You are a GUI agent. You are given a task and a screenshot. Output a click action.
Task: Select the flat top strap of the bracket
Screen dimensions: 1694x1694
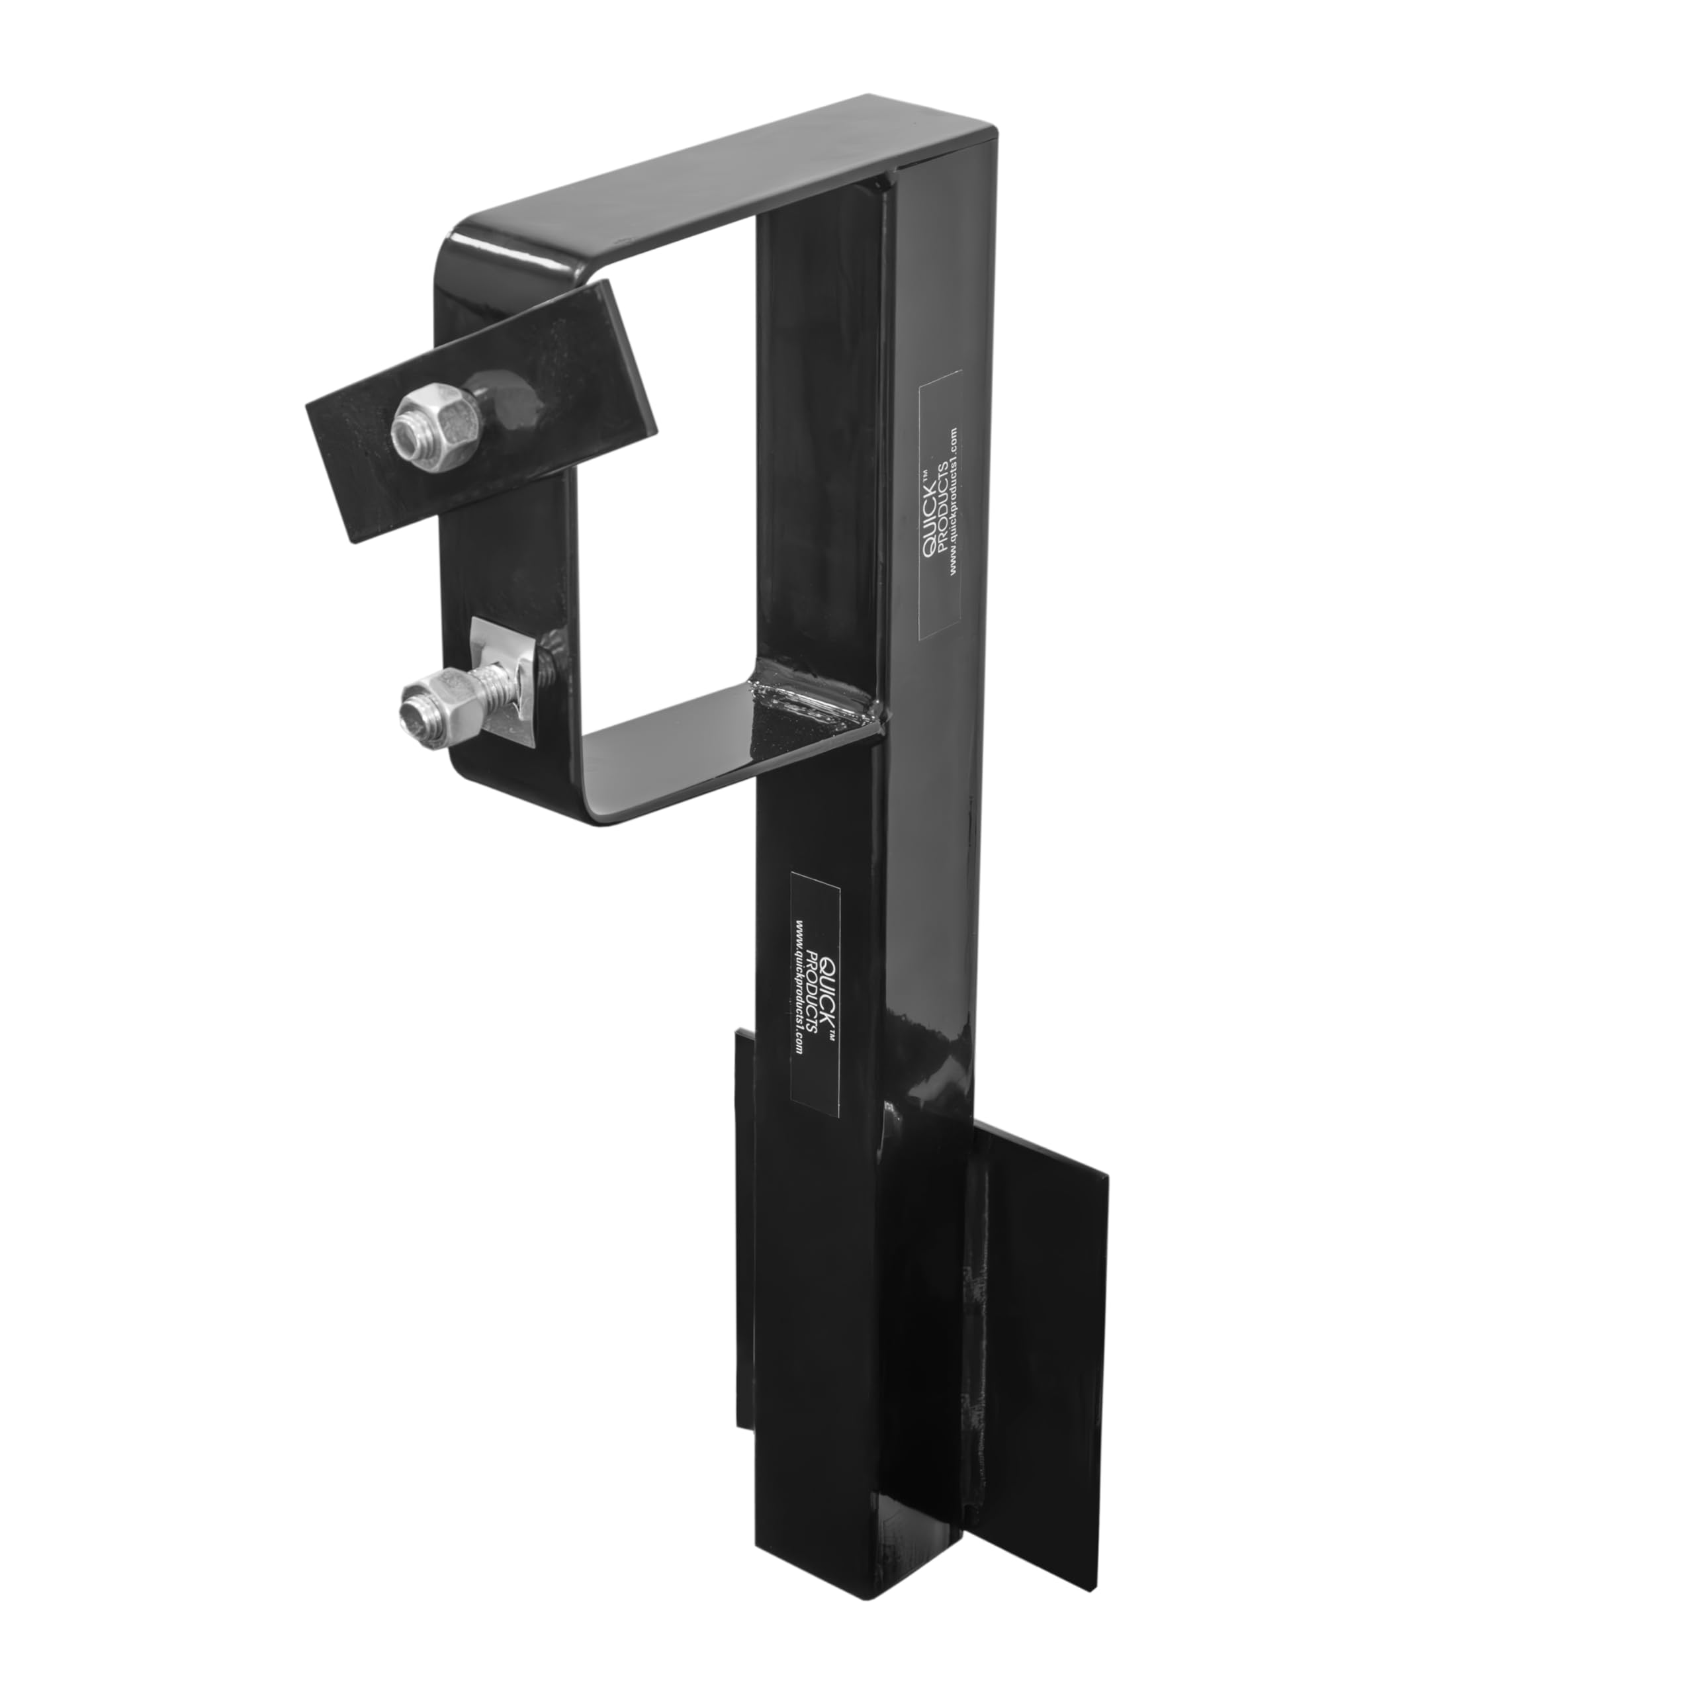click(719, 175)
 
